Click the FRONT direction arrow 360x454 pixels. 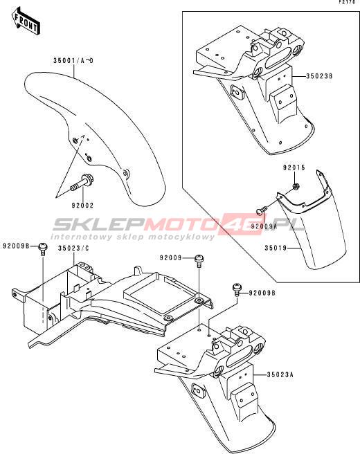coord(26,21)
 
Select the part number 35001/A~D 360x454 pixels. coord(73,61)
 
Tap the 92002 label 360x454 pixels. coord(83,206)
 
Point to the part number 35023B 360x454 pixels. coord(319,76)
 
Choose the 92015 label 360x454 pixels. coord(294,167)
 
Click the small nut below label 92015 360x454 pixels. coord(296,186)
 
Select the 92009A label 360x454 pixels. coord(264,226)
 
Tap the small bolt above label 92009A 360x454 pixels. coord(262,210)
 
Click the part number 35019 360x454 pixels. coord(276,248)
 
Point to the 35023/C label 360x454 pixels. coord(73,248)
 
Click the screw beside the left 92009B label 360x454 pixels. coord(43,248)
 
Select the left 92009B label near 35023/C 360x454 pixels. coord(16,246)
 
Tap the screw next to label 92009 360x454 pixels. coord(199,261)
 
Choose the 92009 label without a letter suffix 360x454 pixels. coord(170,257)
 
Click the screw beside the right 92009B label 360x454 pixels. coord(237,290)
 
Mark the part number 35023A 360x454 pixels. coord(280,374)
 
